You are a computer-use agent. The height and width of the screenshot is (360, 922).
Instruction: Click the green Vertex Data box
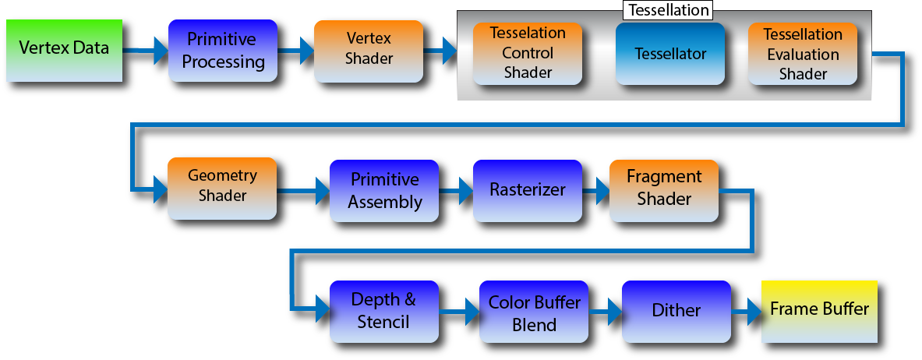click(64, 50)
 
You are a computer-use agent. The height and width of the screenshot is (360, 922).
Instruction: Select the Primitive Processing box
click(223, 50)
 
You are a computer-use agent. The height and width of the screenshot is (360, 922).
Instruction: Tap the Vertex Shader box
click(369, 51)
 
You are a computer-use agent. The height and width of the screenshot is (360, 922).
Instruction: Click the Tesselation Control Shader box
click(528, 53)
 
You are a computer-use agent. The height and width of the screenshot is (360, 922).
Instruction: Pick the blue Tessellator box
click(670, 53)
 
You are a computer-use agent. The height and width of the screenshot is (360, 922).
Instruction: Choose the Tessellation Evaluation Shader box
click(803, 53)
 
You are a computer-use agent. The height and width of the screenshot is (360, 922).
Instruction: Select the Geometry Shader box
click(222, 189)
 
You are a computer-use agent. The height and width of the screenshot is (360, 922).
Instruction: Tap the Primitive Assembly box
click(384, 191)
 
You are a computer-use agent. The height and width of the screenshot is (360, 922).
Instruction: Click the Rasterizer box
click(528, 191)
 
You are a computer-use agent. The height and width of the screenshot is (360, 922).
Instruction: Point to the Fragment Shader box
click(664, 191)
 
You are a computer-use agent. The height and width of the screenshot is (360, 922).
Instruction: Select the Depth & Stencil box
click(384, 311)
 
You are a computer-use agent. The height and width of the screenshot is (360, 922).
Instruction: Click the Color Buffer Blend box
click(534, 311)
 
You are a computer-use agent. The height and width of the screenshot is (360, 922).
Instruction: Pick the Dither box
click(676, 311)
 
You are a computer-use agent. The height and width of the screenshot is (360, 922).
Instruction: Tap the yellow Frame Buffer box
click(819, 311)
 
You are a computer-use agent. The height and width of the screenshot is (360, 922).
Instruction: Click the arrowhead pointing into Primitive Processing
click(161, 51)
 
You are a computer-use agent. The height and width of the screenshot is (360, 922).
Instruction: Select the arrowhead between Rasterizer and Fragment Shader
click(602, 191)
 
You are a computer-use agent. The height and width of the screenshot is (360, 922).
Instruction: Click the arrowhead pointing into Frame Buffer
click(754, 311)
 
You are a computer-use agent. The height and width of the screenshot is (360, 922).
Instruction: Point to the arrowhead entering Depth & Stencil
click(323, 309)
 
